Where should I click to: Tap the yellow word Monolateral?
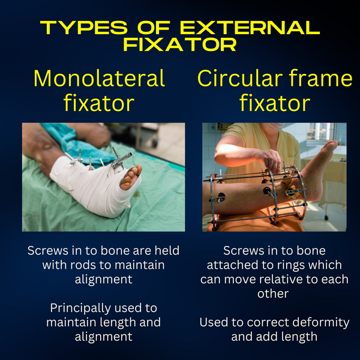pyautogui.click(x=99, y=78)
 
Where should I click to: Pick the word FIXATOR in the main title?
pyautogui.click(x=180, y=45)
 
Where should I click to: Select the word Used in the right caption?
pyautogui.click(x=213, y=322)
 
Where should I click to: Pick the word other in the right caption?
pyautogui.click(x=274, y=293)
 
